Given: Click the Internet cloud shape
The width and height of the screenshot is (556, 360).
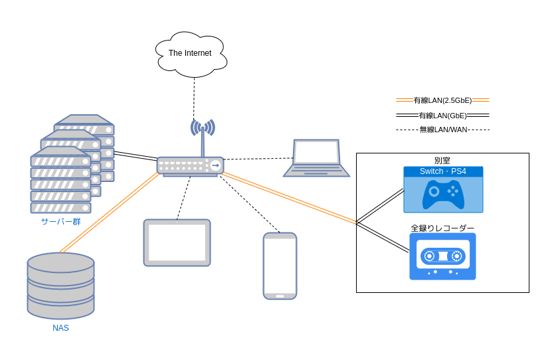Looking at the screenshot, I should [x=191, y=53].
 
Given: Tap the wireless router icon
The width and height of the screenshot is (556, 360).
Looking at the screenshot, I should [x=190, y=165].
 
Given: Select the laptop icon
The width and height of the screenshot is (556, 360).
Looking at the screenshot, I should [x=316, y=159].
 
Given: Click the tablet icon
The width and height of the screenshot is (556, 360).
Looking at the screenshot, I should [x=177, y=242].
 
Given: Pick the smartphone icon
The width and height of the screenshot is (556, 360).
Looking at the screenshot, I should [x=280, y=266].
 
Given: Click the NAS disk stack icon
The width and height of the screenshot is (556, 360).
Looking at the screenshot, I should [x=60, y=285].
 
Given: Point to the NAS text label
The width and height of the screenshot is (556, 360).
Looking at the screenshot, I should [x=60, y=328].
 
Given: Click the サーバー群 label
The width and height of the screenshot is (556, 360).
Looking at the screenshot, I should [x=60, y=221].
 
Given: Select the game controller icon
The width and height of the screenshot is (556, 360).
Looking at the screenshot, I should [x=443, y=195].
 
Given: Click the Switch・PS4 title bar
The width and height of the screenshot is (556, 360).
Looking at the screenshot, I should [x=443, y=171].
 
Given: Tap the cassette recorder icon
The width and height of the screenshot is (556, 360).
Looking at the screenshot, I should [x=442, y=256].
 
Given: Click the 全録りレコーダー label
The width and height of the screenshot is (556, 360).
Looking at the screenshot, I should [x=442, y=228].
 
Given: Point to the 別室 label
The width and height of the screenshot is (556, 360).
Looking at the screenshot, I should [x=442, y=160].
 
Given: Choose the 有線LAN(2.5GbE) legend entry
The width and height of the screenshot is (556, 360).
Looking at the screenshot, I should [x=442, y=100].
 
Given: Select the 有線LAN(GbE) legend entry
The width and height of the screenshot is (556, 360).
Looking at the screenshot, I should [x=442, y=116].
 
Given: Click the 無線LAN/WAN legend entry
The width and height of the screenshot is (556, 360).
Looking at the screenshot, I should [x=442, y=130].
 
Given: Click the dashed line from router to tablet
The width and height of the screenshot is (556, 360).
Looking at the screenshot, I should [x=183, y=198].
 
